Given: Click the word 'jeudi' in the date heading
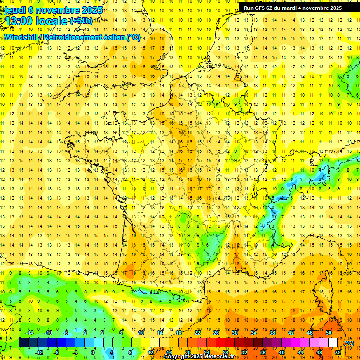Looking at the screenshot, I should click(15, 10).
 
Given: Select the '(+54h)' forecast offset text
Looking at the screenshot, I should click(81, 21).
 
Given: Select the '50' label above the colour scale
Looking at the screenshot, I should click(329, 333).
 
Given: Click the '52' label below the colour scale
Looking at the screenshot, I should click(338, 352).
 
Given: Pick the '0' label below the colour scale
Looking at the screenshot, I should click(93, 352).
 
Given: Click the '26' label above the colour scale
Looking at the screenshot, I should click(216, 333).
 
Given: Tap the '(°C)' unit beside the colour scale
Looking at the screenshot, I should click(349, 343).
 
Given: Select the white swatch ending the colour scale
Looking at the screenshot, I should click(333, 343).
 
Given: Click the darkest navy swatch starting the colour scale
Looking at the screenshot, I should click(23, 343).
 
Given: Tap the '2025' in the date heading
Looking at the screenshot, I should click(92, 10).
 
